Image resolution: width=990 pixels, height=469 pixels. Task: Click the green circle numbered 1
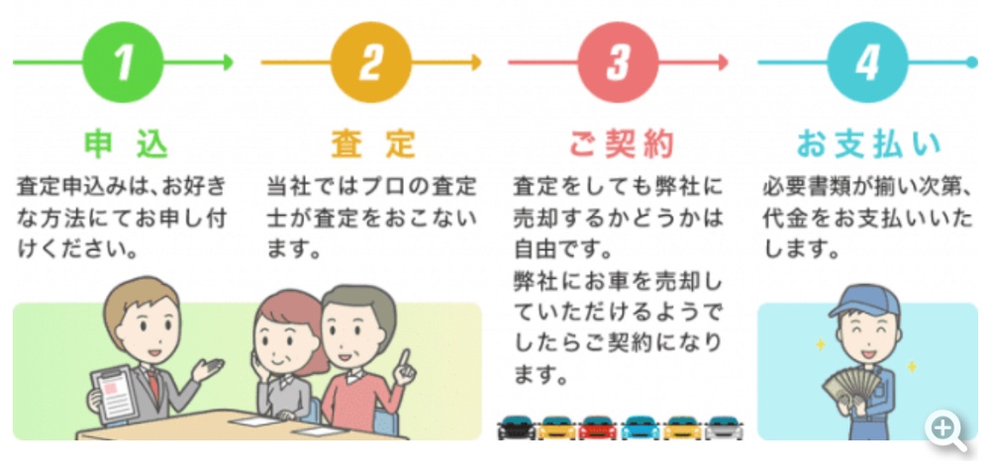(123, 62)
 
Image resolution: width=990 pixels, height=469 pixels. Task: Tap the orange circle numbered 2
(370, 62)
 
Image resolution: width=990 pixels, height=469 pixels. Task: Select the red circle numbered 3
(618, 62)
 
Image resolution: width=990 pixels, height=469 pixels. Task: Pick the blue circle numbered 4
(866, 62)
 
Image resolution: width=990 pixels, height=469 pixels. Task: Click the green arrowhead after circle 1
(229, 62)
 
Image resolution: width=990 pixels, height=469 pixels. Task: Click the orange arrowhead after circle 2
(476, 62)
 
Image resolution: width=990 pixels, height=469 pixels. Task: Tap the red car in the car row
(598, 428)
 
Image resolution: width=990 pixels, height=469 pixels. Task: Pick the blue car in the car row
(640, 428)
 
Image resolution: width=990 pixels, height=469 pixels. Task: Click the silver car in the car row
(724, 428)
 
